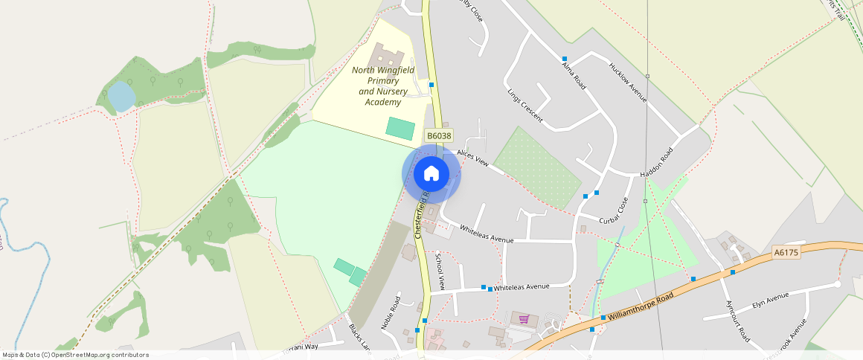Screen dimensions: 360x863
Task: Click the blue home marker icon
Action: [431, 174]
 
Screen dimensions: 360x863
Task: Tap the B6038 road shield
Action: [438, 135]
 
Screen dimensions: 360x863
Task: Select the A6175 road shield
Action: [785, 253]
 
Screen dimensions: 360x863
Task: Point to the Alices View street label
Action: [472, 157]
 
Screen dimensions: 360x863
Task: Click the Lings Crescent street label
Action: [525, 107]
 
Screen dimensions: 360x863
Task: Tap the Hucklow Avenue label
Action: [628, 82]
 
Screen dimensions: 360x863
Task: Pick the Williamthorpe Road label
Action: [640, 306]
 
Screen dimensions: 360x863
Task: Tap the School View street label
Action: [440, 271]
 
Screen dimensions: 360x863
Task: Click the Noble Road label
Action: [391, 312]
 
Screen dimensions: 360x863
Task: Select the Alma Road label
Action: [574, 77]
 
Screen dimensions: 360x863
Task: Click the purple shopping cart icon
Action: [524, 319]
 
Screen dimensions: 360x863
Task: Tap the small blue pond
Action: [121, 97]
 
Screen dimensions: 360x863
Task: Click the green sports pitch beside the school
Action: [400, 127]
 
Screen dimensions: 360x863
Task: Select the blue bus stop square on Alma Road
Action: [565, 59]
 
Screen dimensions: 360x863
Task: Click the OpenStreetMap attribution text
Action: [75, 355]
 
